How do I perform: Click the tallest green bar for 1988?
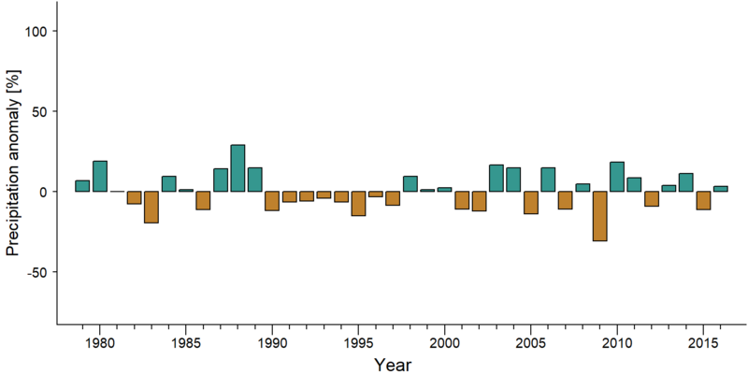(237, 168)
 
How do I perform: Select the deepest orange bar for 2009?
(599, 216)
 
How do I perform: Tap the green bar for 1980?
(100, 176)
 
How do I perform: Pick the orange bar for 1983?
(151, 207)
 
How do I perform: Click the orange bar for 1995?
(358, 204)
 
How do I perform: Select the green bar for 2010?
(617, 177)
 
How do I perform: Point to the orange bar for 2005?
(531, 202)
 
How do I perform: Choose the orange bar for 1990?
(272, 201)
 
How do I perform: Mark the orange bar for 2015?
(704, 200)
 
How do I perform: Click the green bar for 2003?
(496, 178)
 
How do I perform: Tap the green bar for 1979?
(82, 186)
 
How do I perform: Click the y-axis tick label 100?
(35, 31)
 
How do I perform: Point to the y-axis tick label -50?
(36, 272)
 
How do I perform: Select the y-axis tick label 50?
(39, 111)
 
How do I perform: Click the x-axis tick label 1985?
(185, 342)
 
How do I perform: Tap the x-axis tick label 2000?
(445, 342)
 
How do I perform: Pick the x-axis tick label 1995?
(358, 342)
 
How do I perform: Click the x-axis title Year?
(392, 365)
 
